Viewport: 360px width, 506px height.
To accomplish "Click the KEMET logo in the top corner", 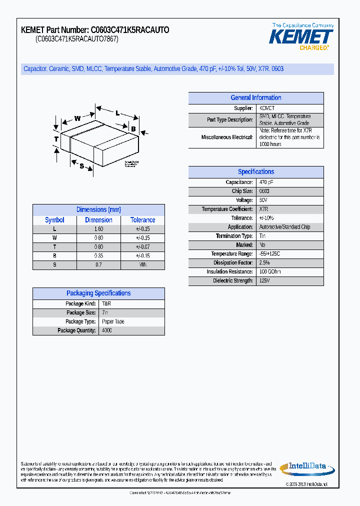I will [301, 36].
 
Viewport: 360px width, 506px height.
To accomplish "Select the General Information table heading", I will [255, 98].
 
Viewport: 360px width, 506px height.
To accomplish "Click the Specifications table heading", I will [255, 172].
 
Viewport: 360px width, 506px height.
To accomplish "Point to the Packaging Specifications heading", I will [98, 293].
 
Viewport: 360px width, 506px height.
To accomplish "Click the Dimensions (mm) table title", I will [98, 210].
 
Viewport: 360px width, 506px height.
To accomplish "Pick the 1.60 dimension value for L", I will [98, 229].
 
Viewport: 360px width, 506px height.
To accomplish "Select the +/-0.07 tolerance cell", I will [142, 247].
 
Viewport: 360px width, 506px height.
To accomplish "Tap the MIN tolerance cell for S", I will [142, 265].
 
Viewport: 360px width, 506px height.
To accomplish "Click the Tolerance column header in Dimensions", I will [142, 220].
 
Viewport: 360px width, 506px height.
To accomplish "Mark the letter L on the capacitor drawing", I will [117, 113].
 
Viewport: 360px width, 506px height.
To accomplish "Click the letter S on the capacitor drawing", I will [81, 166].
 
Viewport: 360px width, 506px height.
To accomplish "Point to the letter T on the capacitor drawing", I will [56, 138].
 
